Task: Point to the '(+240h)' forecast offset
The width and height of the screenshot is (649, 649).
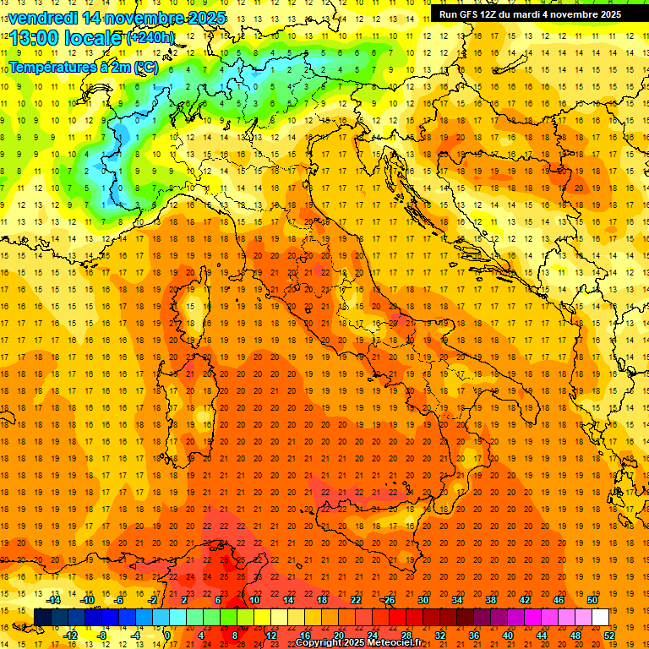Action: pos(151,37)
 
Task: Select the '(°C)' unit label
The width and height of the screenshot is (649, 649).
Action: pos(145,67)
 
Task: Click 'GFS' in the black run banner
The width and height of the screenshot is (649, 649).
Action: pos(472,14)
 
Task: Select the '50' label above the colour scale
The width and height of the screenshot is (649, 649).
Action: pos(592,599)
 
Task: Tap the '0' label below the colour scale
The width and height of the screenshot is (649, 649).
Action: pos(167,635)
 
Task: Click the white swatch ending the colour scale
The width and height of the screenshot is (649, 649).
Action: pos(600,617)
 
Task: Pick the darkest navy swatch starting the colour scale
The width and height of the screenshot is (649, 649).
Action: pos(42,617)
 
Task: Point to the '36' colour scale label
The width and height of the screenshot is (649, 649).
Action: pos(473,635)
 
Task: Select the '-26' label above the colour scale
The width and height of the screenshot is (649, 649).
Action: pos(388,599)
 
